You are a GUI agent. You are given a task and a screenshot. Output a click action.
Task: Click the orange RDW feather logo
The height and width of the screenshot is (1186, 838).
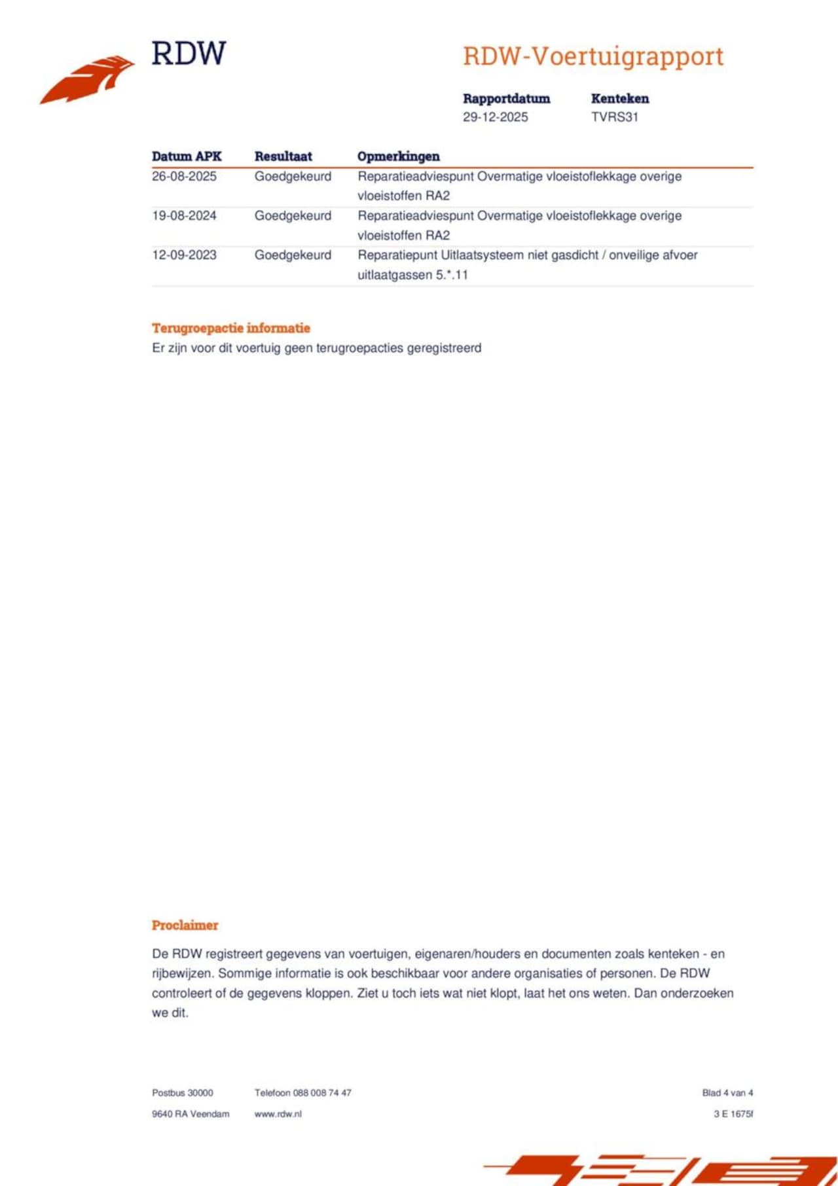coord(88,79)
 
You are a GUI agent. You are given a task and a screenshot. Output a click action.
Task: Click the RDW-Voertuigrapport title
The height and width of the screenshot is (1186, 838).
coord(593,56)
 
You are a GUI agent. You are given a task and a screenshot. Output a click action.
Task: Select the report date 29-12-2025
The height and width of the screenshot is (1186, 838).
coord(495,117)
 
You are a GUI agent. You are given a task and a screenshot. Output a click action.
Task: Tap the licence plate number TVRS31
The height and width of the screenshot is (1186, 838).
coord(614,117)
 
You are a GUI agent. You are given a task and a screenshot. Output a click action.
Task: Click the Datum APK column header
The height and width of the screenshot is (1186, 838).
coord(187,156)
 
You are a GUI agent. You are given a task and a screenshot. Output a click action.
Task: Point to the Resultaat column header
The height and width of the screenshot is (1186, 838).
coord(283,156)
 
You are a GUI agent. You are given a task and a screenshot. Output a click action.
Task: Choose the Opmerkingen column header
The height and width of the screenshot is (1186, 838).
coord(398,156)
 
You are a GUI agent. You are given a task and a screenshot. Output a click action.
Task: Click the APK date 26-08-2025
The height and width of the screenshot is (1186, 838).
coord(184,177)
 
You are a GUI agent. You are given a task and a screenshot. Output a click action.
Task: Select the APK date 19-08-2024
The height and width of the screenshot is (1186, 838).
coord(184,216)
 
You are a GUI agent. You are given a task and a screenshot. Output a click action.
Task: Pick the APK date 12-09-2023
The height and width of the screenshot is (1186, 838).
coord(184,255)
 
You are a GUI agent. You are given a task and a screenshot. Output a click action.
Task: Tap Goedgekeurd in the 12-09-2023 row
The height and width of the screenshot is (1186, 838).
coord(293,255)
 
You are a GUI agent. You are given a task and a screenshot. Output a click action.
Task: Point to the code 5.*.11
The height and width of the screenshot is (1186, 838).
coord(452,275)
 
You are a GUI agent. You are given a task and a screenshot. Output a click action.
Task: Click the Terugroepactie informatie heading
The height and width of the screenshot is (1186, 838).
coord(230,328)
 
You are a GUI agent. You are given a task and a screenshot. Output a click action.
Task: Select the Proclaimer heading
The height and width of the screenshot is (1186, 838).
coord(185,925)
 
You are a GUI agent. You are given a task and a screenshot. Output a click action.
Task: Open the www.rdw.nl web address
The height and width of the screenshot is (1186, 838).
coord(278,1113)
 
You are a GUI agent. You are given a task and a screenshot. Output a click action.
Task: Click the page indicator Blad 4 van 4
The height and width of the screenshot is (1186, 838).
coord(727,1092)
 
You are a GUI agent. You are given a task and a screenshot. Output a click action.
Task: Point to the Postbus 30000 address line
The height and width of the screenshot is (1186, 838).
coord(182,1092)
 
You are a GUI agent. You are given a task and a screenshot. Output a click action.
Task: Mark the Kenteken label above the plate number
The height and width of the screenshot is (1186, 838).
coord(619,99)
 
